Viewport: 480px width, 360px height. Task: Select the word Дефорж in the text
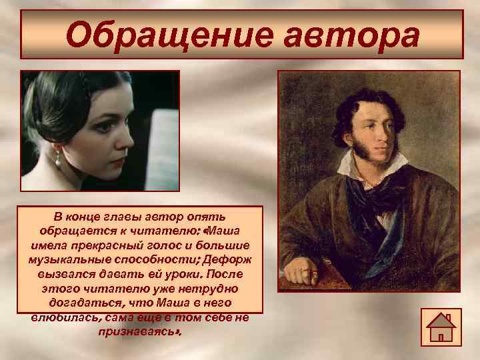point(234,259)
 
